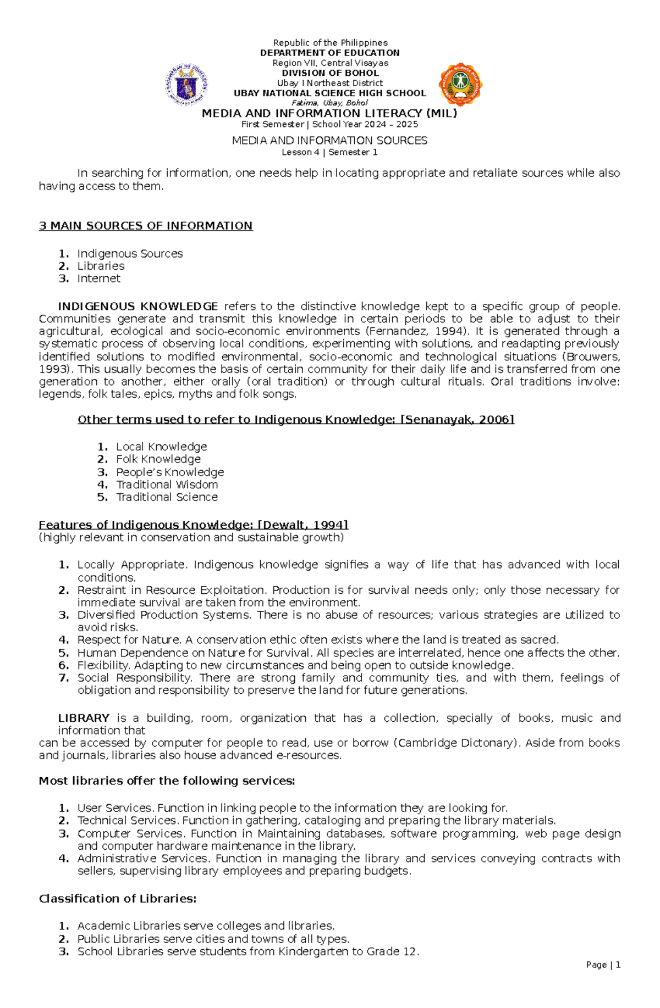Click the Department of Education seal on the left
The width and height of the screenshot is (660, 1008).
click(187, 85)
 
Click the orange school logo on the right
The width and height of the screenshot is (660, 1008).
click(461, 85)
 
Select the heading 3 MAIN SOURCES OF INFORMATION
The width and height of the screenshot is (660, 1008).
click(146, 226)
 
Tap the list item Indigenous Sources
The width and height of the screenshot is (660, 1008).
click(130, 254)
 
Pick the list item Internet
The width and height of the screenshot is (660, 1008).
click(98, 279)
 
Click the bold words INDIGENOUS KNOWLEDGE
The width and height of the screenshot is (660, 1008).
click(138, 307)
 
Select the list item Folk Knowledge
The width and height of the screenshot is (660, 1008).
click(158, 459)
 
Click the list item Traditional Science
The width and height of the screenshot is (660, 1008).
click(167, 497)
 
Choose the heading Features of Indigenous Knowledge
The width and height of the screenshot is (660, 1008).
click(193, 525)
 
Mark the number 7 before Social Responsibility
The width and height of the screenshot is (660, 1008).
click(64, 678)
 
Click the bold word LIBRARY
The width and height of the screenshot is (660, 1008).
click(84, 718)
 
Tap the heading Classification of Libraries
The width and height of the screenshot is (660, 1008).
click(117, 899)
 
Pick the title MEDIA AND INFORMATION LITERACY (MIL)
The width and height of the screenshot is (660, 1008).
click(329, 114)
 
